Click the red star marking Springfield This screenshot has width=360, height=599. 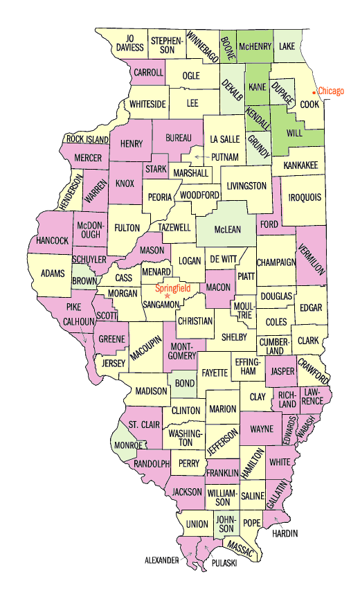coord(167,296)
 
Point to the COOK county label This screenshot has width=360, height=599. coord(309,104)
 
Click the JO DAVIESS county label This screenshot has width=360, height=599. coord(129,43)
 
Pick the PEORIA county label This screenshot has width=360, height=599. coord(160,197)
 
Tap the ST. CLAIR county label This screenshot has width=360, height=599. coord(145,424)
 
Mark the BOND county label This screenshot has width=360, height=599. coord(184,383)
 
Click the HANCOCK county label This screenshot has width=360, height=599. coord(53,240)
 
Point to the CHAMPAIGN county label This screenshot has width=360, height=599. coord(276,262)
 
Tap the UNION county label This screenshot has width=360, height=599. coord(197,524)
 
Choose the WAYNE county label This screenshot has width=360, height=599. coord(261,429)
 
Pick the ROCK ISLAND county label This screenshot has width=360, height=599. coord(88,139)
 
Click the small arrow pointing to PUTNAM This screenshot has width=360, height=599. coord(201,157)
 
